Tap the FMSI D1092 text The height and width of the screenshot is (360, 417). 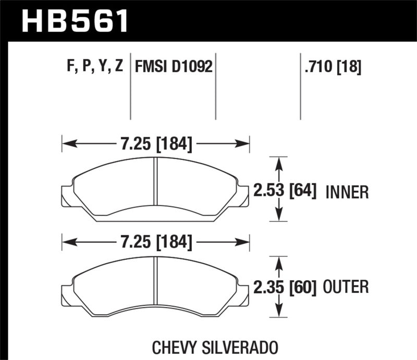point(174,67)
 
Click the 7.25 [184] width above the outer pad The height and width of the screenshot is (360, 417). point(156,242)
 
